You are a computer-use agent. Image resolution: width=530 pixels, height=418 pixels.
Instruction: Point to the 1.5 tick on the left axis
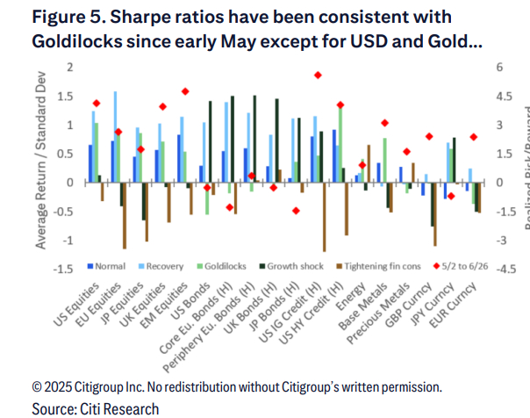(63, 68)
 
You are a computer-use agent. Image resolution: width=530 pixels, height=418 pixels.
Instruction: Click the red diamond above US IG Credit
(318, 76)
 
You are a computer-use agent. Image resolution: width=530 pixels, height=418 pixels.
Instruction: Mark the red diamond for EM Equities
(185, 91)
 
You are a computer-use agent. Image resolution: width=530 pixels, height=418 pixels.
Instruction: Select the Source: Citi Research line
(83, 407)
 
